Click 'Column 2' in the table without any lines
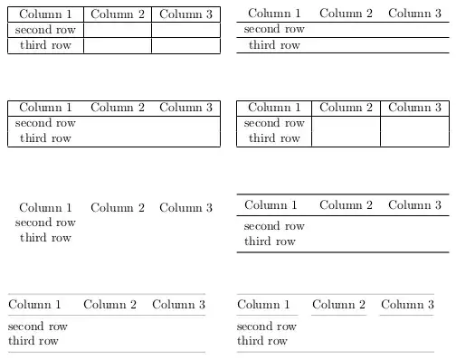(x=118, y=207)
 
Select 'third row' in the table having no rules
(x=45, y=238)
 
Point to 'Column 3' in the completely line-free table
(x=185, y=207)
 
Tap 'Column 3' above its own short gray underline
(x=407, y=305)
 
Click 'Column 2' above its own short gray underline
(x=338, y=305)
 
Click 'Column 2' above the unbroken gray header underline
(x=109, y=305)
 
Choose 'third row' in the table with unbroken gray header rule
(x=33, y=341)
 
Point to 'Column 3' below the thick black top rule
(x=414, y=205)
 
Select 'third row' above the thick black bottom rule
(x=270, y=242)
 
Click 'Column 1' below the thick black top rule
(x=271, y=205)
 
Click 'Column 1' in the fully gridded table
(x=45, y=14)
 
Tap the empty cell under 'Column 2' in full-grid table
(x=118, y=30)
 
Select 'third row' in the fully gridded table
(x=45, y=45)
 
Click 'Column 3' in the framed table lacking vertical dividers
(x=185, y=108)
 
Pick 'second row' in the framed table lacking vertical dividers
(x=45, y=123)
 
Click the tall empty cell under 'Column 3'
(x=414, y=130)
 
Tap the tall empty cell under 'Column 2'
(x=346, y=130)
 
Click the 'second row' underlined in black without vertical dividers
(x=274, y=29)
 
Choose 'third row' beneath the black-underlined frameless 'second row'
(x=274, y=45)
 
